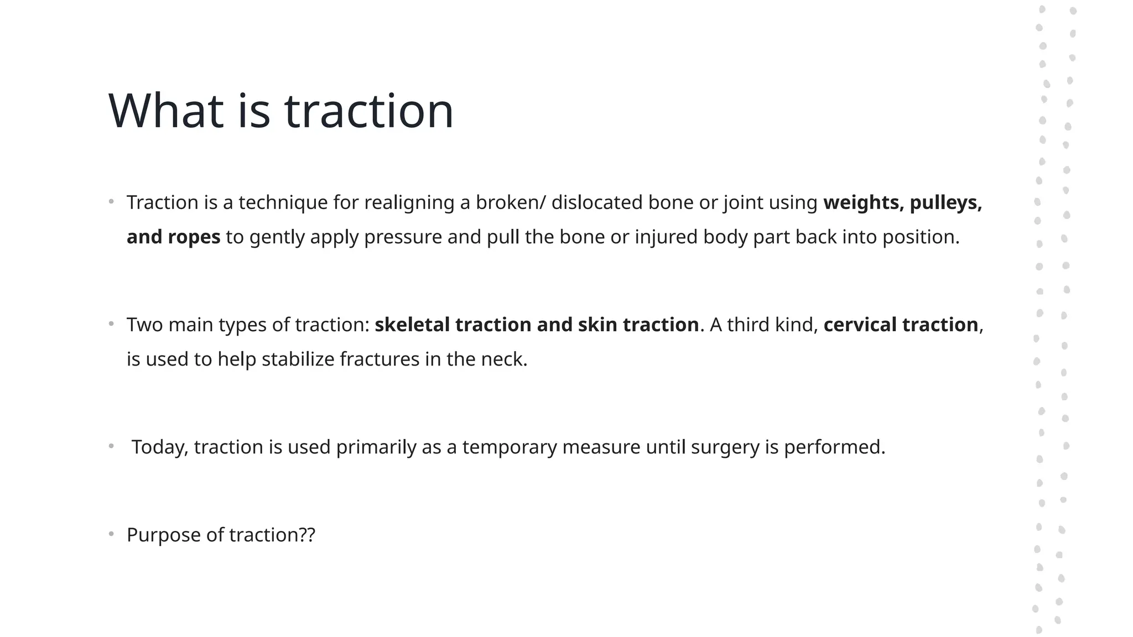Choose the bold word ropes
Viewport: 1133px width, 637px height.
click(194, 237)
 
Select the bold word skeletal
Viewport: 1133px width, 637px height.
click(412, 325)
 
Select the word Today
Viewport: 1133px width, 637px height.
click(159, 447)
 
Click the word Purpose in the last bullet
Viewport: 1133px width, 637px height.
click(163, 535)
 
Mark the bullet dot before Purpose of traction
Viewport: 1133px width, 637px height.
click(111, 534)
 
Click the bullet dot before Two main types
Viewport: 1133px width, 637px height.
click(111, 323)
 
